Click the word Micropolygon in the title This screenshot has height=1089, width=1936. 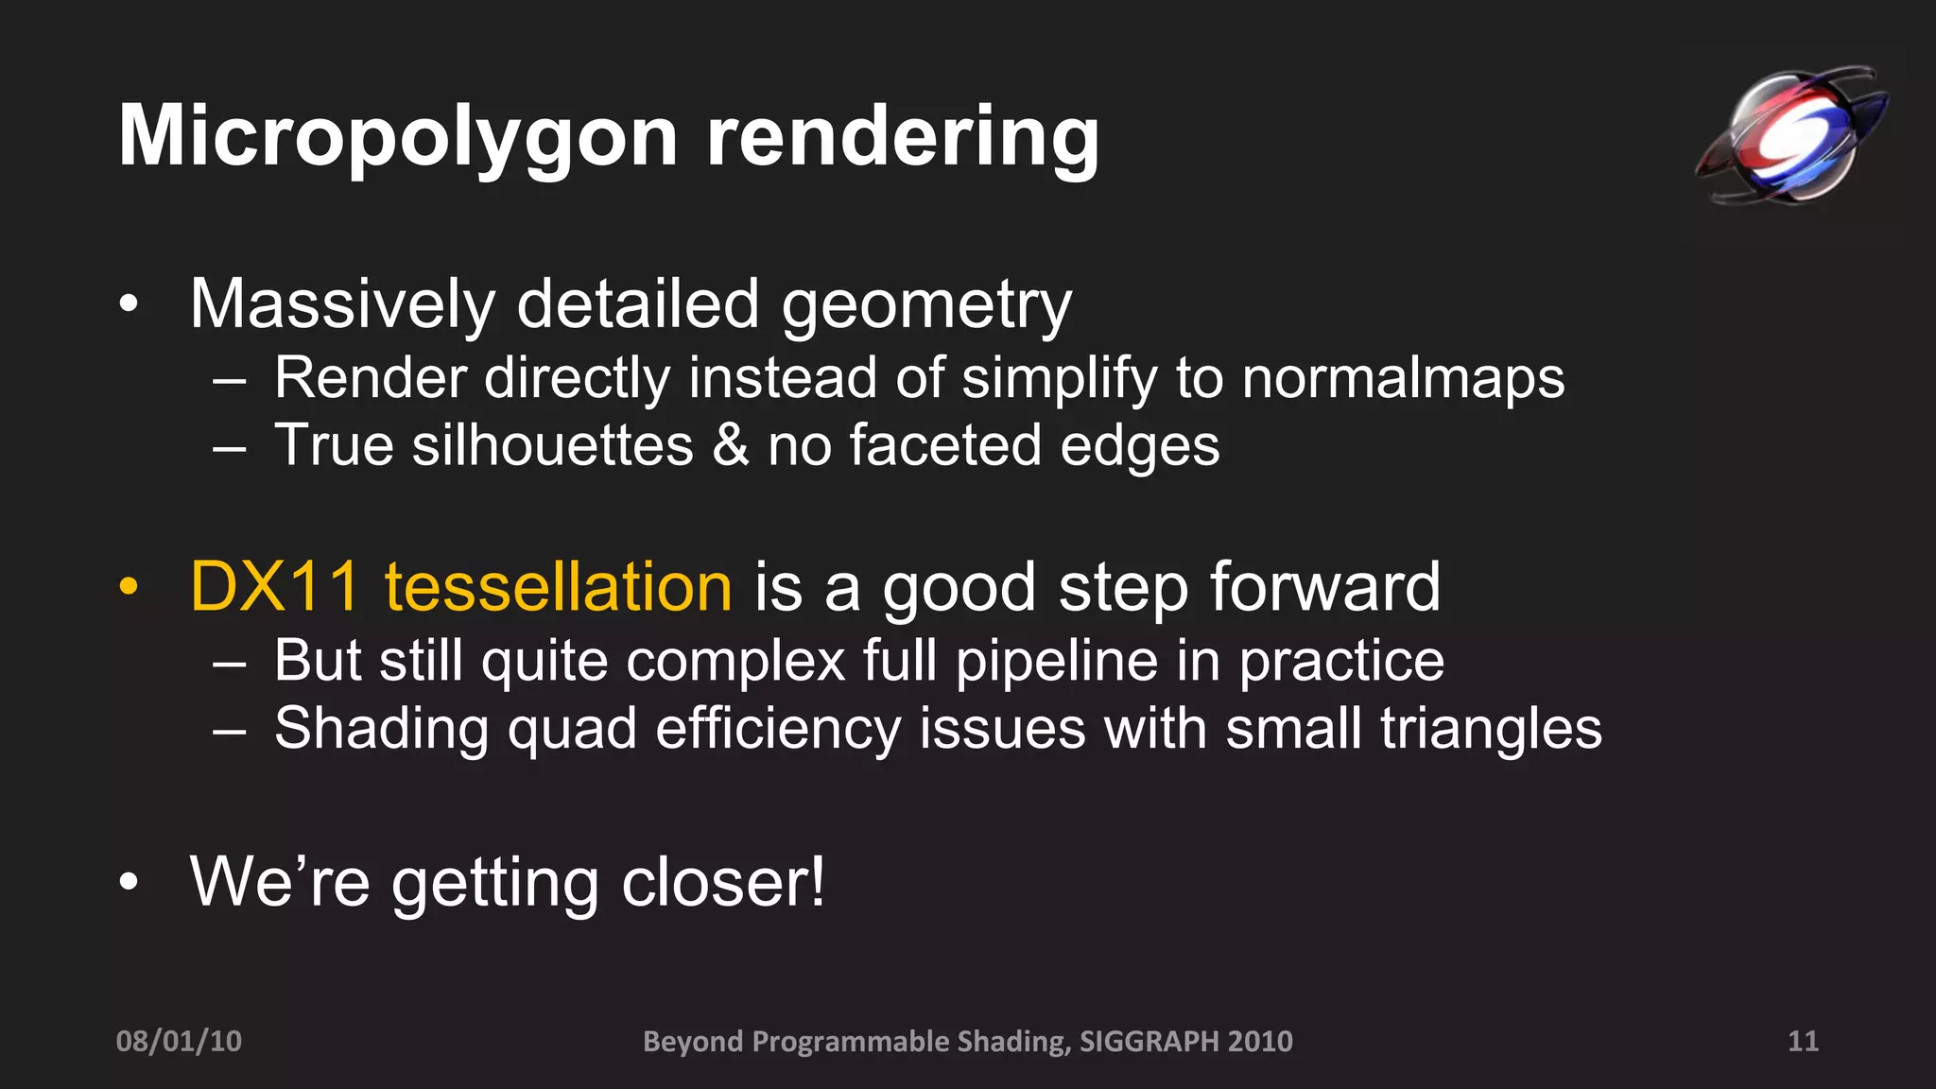coord(397,137)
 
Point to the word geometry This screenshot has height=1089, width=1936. coord(926,306)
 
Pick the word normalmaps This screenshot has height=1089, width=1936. coord(1403,378)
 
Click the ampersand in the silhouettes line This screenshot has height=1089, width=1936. coord(730,445)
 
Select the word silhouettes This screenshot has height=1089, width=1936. coord(552,445)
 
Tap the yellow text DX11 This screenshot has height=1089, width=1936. coord(274,587)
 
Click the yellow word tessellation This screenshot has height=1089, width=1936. coord(558,587)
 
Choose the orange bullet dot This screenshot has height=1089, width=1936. coord(129,588)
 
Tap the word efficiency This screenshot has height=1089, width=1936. coord(778,730)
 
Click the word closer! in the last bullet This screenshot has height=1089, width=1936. coord(723,882)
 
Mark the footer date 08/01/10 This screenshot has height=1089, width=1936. coord(179,1041)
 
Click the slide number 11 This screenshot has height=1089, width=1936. coord(1803,1041)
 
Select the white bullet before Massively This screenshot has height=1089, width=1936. coord(129,304)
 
